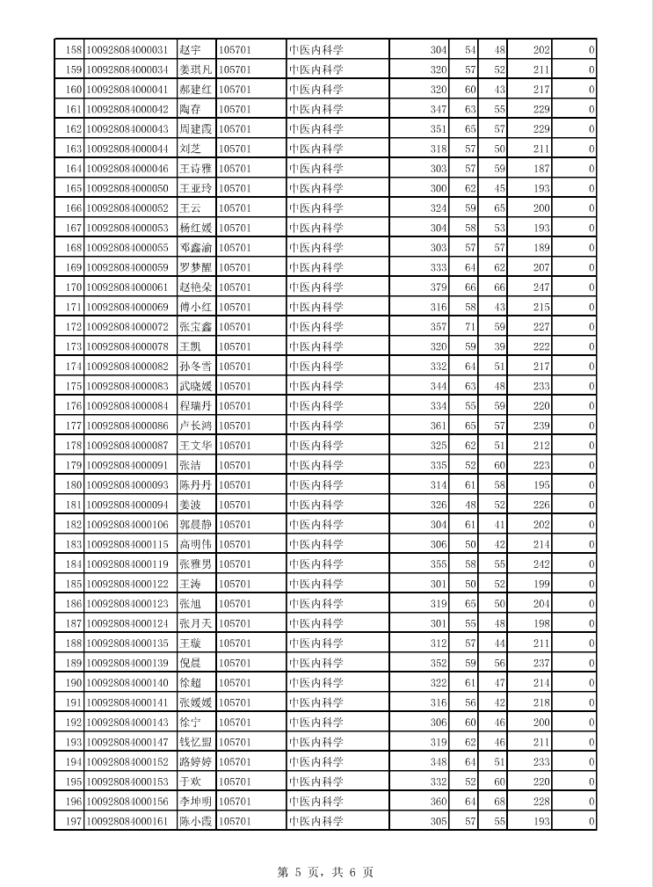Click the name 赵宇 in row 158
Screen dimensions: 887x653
[190, 50]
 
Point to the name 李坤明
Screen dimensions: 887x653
[195, 802]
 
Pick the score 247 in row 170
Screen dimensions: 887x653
[541, 287]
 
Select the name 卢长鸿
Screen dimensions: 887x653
[195, 425]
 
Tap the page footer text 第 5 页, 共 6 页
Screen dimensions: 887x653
[325, 872]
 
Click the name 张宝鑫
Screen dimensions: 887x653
[195, 327]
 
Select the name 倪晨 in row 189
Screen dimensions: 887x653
[190, 663]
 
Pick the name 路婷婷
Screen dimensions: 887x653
[195, 762]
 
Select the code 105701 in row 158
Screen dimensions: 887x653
[235, 50]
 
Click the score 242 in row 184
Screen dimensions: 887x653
[541, 564]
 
